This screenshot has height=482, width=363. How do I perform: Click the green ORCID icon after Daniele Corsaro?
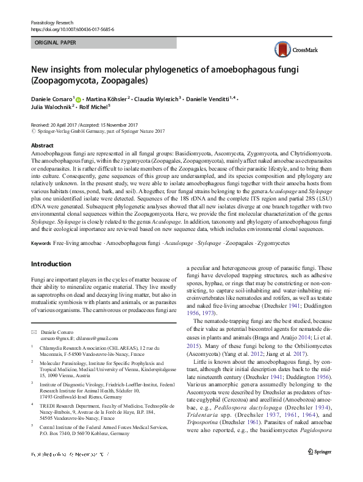coord(79,98)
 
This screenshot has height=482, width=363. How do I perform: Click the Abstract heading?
coord(42,146)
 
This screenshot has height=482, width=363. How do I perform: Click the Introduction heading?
coord(51,264)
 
